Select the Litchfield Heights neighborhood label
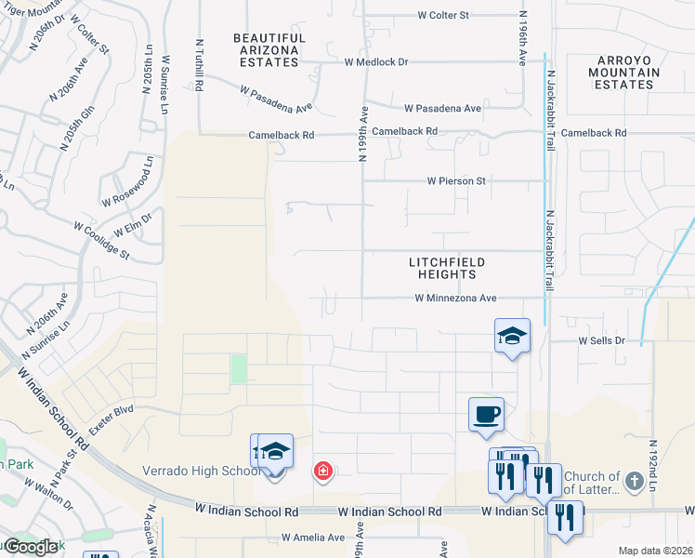pos(442,268)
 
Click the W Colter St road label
pos(456,15)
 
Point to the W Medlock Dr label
pos(376,62)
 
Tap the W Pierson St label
pos(456,181)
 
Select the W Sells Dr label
pos(602,341)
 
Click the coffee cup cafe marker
pos(485,414)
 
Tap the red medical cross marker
pos(322,472)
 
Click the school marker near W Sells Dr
pos(511,336)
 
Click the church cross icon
pos(634,481)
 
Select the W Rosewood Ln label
pos(125,187)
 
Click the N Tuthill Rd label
pos(200,64)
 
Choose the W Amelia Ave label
pos(313,538)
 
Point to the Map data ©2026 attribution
pos(654,551)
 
